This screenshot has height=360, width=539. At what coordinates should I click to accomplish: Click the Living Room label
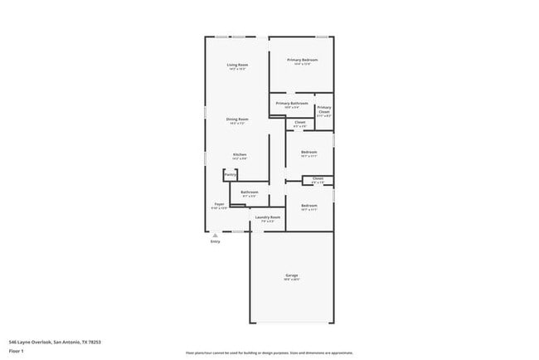pyautogui.click(x=238, y=65)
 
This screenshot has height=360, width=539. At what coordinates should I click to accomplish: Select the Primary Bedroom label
pyautogui.click(x=303, y=60)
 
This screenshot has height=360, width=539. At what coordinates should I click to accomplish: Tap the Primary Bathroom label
pyautogui.click(x=291, y=104)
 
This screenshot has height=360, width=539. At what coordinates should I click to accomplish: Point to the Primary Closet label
pyautogui.click(x=324, y=109)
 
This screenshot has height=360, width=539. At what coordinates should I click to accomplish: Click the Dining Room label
pyautogui.click(x=238, y=119)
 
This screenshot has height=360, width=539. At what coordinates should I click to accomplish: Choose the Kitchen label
pyautogui.click(x=239, y=154)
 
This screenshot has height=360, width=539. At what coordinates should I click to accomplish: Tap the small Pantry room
pyautogui.click(x=230, y=175)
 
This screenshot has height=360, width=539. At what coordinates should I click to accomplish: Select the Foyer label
pyautogui.click(x=220, y=204)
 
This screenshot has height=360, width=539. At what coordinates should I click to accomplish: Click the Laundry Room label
pyautogui.click(x=268, y=217)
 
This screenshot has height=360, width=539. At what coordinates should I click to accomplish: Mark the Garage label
pyautogui.click(x=292, y=275)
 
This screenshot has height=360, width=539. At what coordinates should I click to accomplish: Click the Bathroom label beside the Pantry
pyautogui.click(x=250, y=192)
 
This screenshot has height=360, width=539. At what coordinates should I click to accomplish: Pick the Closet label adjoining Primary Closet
pyautogui.click(x=300, y=123)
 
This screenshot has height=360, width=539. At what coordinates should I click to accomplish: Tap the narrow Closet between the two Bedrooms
pyautogui.click(x=318, y=178)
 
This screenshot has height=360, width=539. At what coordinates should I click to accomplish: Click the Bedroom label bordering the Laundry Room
pyautogui.click(x=308, y=206)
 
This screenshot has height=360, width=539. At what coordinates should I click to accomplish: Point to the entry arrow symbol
pyautogui.click(x=215, y=235)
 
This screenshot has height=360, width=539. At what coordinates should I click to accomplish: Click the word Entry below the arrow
pyautogui.click(x=215, y=241)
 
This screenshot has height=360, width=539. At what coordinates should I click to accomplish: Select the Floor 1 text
pyautogui.click(x=17, y=350)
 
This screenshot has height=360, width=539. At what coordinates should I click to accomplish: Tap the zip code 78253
pyautogui.click(x=103, y=341)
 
